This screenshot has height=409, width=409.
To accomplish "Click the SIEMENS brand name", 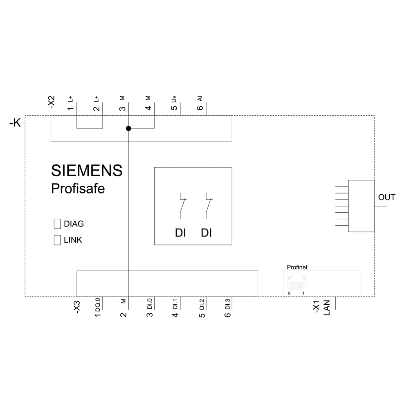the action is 87,171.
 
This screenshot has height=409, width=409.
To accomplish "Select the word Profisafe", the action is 78,188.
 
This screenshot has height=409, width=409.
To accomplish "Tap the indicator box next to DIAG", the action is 57,224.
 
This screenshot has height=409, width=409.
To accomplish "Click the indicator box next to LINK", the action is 57,240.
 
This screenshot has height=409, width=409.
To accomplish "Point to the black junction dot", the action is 128,128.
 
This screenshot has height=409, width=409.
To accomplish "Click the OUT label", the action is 387,197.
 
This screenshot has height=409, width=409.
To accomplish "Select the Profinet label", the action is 297,267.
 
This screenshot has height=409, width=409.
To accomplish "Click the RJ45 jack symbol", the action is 296,281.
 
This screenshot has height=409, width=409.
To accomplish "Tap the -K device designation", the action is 15,123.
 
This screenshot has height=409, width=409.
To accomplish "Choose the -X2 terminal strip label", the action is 52,102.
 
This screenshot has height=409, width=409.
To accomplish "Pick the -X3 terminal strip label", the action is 77,307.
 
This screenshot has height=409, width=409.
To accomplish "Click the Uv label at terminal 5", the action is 174,99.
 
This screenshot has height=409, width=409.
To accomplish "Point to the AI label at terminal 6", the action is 200,99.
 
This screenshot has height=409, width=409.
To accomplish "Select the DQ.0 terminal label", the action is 98,305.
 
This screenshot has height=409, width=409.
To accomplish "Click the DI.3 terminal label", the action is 228,304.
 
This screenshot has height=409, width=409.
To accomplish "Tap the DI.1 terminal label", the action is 175,304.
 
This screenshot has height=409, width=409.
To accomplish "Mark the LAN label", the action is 326,308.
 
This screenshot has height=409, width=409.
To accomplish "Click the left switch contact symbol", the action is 182,206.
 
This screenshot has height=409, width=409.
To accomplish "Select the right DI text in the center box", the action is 206,233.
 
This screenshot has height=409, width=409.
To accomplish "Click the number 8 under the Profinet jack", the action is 289,293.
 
